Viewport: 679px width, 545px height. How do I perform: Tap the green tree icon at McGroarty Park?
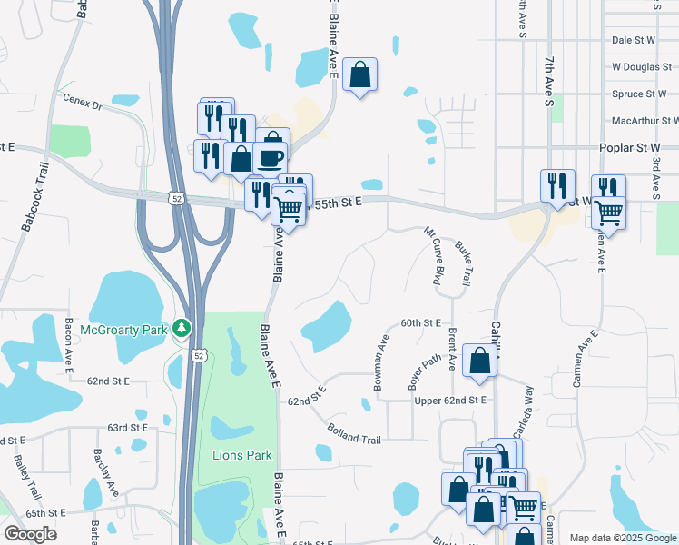(x=183, y=327)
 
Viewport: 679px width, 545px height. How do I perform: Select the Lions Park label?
(x=241, y=455)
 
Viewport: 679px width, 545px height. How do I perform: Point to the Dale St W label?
(x=634, y=41)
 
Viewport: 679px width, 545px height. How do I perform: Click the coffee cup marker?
(x=271, y=157)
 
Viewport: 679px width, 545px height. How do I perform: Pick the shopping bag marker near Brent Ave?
(x=479, y=360)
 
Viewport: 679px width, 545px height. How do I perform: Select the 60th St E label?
(x=420, y=322)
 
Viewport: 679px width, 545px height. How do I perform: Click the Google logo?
(x=30, y=534)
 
